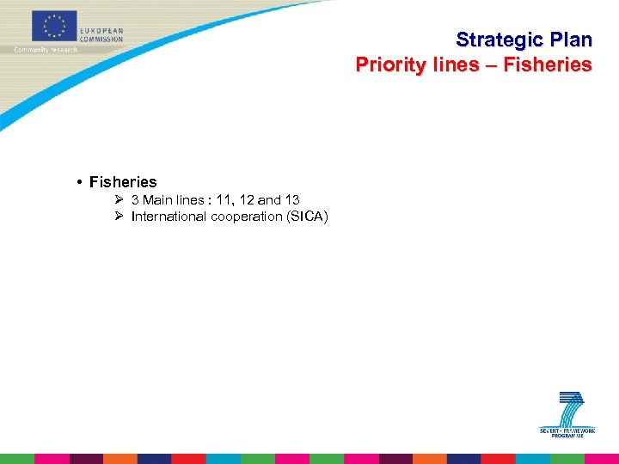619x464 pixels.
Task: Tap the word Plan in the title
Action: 567,40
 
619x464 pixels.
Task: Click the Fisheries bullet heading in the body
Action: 123,182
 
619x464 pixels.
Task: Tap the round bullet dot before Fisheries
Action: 78,182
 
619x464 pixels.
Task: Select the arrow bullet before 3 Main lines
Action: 120,200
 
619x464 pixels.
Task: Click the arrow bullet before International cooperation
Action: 120,217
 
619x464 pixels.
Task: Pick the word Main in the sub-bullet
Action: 158,200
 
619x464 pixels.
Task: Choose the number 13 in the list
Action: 291,200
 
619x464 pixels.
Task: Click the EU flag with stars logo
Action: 54,27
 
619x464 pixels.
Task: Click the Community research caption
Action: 45,50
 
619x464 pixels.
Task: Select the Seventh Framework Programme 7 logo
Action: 567,416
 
